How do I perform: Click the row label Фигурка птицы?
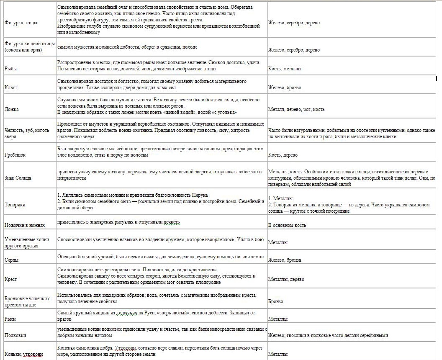[21, 23]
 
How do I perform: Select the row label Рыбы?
[11, 68]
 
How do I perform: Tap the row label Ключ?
[11, 87]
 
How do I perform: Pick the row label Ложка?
[12, 109]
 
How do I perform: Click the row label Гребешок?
[15, 155]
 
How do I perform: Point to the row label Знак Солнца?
[18, 178]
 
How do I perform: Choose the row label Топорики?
[15, 205]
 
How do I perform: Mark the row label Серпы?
[12, 260]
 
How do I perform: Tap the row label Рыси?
[10, 319]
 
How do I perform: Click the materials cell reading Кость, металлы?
[285, 68]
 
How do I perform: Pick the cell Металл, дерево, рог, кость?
[296, 109]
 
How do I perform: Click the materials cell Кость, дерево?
[283, 155]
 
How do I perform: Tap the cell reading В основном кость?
[287, 225]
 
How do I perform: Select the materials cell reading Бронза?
[275, 301]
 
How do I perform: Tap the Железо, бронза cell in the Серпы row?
[285, 260]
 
